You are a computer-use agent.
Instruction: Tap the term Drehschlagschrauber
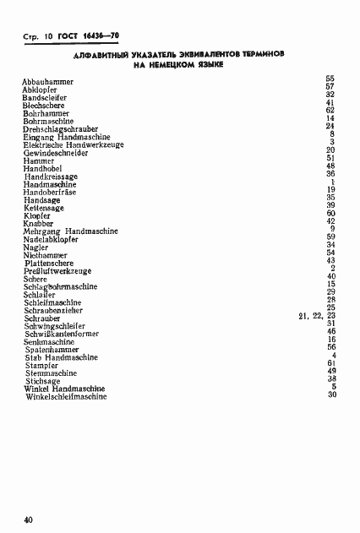63,128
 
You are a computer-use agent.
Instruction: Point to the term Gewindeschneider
55,153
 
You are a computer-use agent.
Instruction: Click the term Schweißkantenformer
62,334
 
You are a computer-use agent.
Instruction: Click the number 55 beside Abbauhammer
331,79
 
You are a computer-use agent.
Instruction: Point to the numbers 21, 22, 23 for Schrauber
318,316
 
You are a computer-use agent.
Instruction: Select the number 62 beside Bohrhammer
331,111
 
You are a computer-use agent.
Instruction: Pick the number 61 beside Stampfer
331,363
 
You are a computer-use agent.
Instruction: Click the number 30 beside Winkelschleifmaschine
331,394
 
